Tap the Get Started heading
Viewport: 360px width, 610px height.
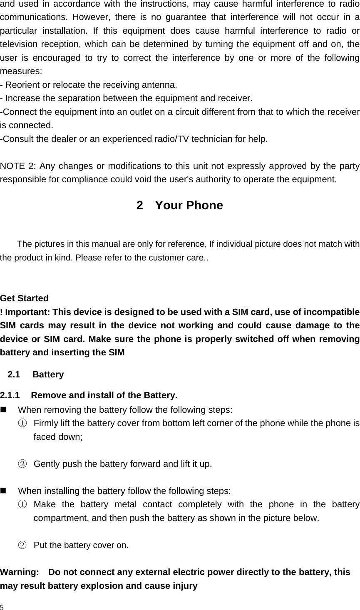click(25, 298)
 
